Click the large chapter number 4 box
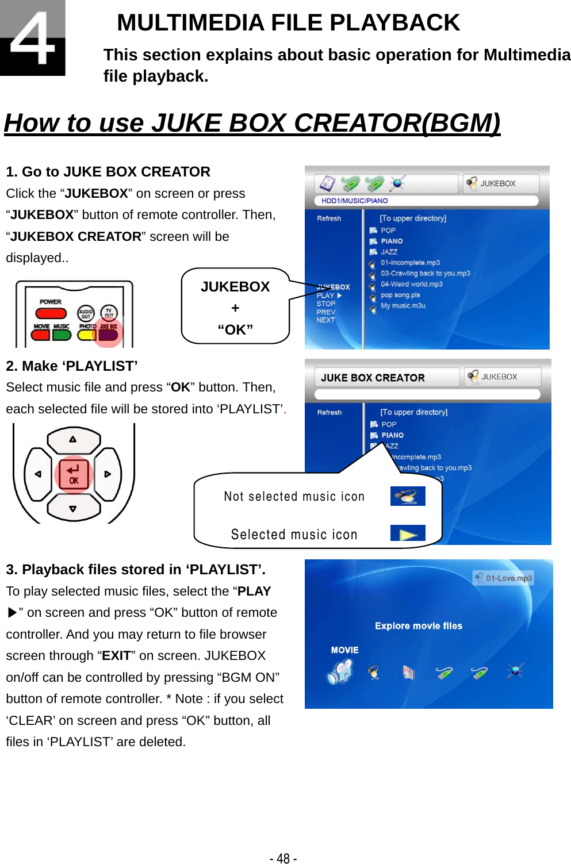coord(32,37)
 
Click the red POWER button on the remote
coord(51,313)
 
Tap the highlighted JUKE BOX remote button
coord(108,335)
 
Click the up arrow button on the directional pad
coord(73,440)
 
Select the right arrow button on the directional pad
coord(108,474)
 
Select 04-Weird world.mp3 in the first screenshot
coord(411,284)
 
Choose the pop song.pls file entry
coord(400,295)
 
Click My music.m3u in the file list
coord(403,306)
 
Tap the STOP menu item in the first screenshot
coord(325,304)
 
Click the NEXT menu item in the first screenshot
coord(325,320)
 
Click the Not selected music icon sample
coord(408,496)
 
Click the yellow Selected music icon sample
coord(408,533)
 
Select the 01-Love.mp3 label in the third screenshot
coord(508,578)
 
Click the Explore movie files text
coord(419,626)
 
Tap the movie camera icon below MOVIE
coord(340,671)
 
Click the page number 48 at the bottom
coord(283,858)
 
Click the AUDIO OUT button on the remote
coord(86,313)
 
